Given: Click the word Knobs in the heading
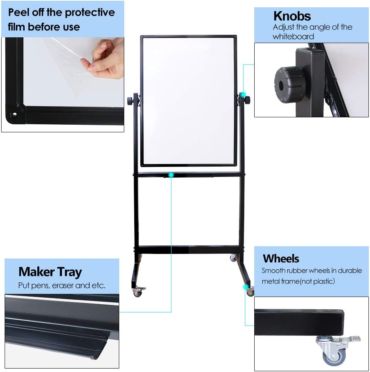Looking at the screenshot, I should click(292, 16).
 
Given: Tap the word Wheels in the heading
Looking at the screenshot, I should click(281, 258).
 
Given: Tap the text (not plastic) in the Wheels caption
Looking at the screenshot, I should click(313, 281).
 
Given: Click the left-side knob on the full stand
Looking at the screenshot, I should click(131, 101).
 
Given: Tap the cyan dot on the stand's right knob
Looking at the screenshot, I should click(243, 95).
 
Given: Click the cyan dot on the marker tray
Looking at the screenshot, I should click(171, 175).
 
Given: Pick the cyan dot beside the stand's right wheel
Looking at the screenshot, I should click(245, 287).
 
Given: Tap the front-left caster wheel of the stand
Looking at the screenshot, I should click(137, 293).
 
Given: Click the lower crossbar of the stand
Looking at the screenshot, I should click(188, 250).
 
